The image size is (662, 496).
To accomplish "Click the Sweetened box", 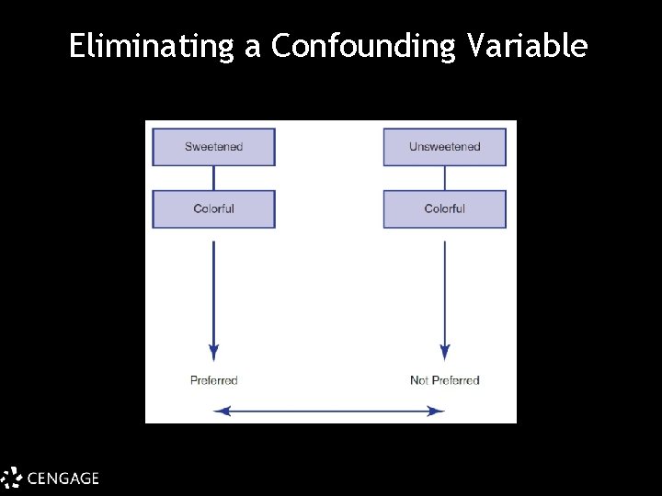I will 213,147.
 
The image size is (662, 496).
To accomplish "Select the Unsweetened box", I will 444,147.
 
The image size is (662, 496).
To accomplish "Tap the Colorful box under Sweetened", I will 213,209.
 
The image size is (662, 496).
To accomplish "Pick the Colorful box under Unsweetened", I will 444,209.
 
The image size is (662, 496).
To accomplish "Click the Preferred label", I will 213,380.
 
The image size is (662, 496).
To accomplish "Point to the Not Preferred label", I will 444,380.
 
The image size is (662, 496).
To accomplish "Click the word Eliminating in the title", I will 152,46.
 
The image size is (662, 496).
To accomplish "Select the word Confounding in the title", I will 363,46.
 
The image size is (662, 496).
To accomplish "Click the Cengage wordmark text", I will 63,478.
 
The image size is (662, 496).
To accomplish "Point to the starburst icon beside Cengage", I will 11,478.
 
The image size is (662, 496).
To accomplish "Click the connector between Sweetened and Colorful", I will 213,178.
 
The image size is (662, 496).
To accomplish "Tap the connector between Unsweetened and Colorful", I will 445,178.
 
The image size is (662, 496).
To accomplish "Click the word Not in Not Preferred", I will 419,380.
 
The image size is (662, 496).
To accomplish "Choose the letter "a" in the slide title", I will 253,48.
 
